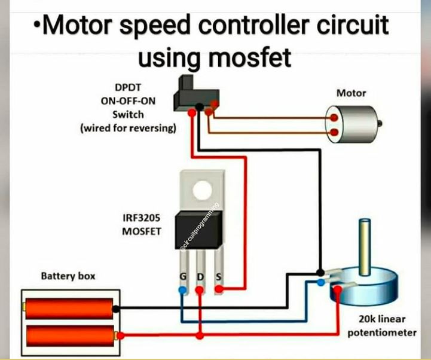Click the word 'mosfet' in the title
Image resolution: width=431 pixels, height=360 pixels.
point(250,58)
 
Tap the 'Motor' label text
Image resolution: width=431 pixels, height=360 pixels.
point(351,93)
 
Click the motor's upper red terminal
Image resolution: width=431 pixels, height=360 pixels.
point(334,118)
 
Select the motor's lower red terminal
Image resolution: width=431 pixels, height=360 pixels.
point(334,132)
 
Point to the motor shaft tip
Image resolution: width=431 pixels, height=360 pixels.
point(380,123)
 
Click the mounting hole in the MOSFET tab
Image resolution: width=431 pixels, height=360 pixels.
point(203,190)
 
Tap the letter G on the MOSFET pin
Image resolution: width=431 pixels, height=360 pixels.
point(183,276)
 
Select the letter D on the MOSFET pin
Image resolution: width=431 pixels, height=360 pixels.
point(201,277)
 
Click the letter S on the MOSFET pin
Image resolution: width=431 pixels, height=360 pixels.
point(219,277)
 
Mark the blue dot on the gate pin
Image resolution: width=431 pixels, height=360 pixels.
point(182,289)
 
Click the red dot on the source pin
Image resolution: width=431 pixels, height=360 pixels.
point(219,289)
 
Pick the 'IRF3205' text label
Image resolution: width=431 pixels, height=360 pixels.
point(141,218)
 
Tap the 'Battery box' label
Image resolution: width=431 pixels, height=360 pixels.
point(68,276)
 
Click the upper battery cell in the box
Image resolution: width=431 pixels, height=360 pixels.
point(69,309)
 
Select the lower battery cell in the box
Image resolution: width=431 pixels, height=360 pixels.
point(71,336)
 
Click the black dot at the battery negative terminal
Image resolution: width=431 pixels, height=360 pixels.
point(116,309)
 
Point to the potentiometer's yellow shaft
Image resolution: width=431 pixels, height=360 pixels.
point(365,247)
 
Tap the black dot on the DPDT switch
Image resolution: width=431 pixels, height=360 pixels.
point(199,107)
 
